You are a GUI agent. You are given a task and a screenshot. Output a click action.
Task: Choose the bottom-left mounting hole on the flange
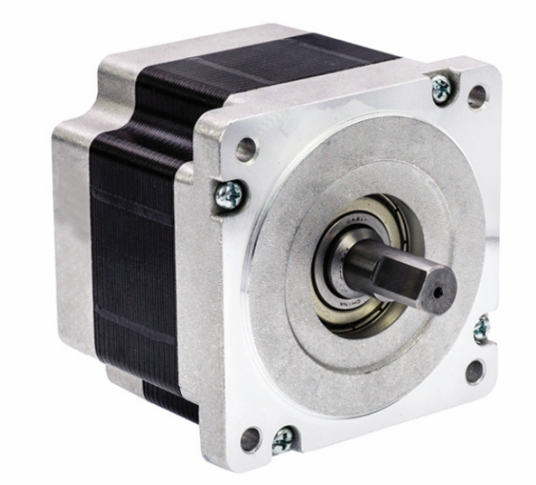250,437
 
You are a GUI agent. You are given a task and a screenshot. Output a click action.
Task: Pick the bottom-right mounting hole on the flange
475,371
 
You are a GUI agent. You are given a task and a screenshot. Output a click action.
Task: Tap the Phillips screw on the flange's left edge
229,194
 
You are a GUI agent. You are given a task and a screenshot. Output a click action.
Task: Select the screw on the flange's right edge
481,329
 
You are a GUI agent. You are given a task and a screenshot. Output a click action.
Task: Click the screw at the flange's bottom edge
284,438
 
